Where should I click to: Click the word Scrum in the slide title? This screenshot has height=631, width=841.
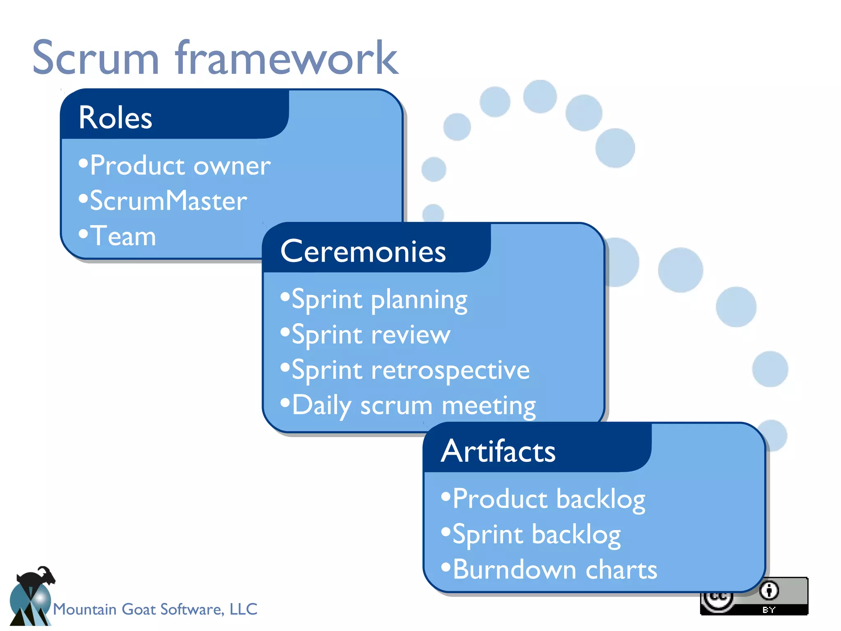click(x=95, y=58)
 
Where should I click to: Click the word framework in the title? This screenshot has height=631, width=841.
click(x=287, y=58)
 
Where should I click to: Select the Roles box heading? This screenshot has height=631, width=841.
click(x=115, y=118)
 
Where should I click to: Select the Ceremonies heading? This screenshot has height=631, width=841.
click(x=363, y=251)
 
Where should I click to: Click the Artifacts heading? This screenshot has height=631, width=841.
click(x=498, y=451)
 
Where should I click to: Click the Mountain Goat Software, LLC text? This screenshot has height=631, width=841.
click(x=155, y=609)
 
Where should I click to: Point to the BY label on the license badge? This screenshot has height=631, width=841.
click(x=769, y=610)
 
